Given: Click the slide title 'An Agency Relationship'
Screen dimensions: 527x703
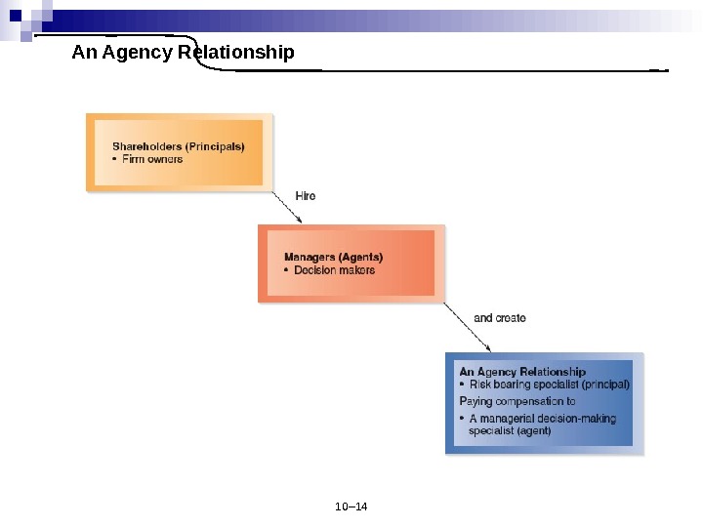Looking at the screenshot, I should [x=183, y=52].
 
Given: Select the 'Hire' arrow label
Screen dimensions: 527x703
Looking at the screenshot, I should [x=306, y=196].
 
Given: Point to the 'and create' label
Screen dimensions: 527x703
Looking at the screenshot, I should [x=499, y=318].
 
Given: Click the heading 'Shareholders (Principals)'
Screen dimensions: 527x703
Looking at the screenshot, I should [x=178, y=146].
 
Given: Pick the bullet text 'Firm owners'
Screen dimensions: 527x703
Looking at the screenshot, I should [x=152, y=159].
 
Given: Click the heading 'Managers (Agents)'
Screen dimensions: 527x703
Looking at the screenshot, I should [x=333, y=258].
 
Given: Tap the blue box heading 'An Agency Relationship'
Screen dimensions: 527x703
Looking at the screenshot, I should [x=522, y=372].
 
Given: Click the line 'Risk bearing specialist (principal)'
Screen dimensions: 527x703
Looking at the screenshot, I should [x=549, y=385].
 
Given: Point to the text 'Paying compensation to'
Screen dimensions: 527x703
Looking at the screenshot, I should [x=517, y=401].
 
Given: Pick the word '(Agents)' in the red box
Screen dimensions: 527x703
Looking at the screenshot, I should [x=360, y=258].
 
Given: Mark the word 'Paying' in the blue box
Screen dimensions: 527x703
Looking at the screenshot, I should [x=476, y=401].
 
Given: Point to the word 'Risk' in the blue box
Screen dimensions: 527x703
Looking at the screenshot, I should [x=480, y=385].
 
